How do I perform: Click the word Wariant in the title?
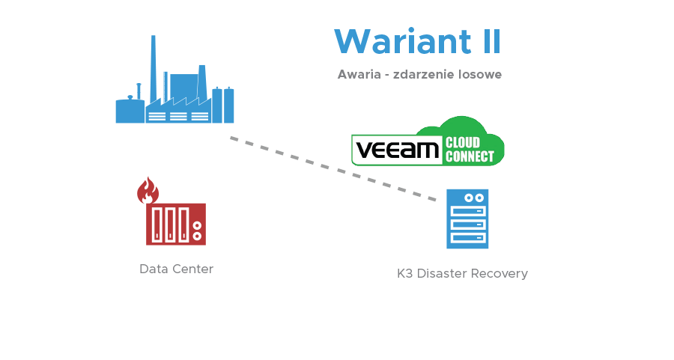[x=392, y=41]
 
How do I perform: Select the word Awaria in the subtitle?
[x=356, y=75]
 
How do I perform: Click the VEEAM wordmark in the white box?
[x=396, y=150]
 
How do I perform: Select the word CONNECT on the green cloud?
[x=470, y=157]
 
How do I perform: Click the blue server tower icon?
[x=467, y=219]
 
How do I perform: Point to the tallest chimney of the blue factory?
[x=153, y=67]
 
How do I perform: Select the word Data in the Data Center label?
[x=153, y=269]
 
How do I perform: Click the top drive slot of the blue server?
[x=468, y=212]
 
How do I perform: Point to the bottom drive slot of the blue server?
[x=468, y=238]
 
